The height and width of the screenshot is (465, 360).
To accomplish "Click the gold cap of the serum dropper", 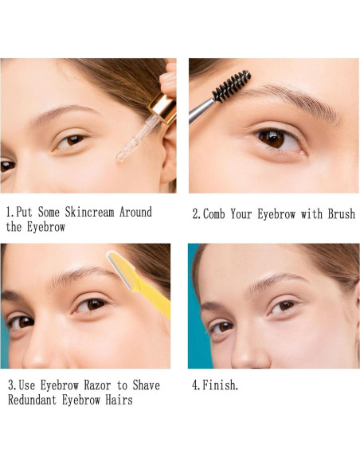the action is pos(163,107).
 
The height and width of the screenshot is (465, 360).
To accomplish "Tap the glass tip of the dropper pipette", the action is pos(122,156).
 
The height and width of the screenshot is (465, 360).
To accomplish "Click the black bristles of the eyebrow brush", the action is pos(232,86).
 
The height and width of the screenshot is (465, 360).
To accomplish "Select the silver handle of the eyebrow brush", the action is pos(201,111).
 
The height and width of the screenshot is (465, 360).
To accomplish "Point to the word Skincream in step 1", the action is pos(89,212).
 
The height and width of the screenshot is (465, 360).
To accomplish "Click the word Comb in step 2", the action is pos(213,214).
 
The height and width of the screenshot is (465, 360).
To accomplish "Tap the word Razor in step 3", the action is pos(97,385).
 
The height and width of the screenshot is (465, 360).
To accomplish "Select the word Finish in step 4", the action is pos(220,385).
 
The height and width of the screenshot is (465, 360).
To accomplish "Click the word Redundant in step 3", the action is pos(33,400).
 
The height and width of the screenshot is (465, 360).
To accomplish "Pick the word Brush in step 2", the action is pos(342,214).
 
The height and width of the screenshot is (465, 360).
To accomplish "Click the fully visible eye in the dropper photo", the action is pos(72,141).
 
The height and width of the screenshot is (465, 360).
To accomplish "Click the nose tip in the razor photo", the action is pos(34,359).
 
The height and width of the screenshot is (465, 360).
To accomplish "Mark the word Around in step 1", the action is pos(135,212).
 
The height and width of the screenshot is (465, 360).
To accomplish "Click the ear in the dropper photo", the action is pos(168,157).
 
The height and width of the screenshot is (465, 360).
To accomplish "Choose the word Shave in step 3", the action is pos(147,385).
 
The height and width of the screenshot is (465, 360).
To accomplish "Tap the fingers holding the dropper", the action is pos(170,80).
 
